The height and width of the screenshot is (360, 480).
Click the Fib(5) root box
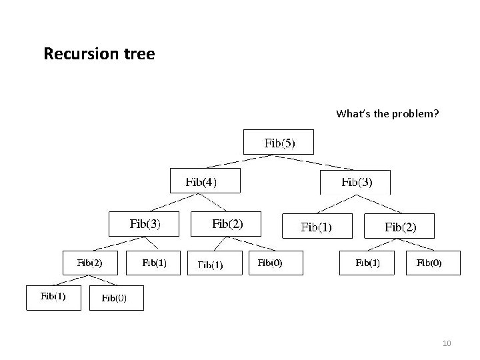coord(280,142)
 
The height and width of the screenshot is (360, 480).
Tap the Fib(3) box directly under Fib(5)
coord(356,181)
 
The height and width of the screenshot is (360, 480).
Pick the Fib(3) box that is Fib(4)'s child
coord(144,223)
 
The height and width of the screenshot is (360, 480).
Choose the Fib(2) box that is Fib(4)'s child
coord(227,224)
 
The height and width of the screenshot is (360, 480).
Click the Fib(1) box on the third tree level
coord(317,227)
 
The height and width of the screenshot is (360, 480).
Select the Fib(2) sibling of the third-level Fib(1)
coord(400,227)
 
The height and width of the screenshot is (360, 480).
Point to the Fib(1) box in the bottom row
coord(53,297)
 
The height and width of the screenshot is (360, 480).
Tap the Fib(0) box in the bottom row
coord(116,298)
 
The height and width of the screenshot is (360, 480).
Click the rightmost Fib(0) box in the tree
coord(429,263)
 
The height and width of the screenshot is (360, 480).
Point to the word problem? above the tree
coord(416,114)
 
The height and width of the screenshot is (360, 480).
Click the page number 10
coord(446,343)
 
